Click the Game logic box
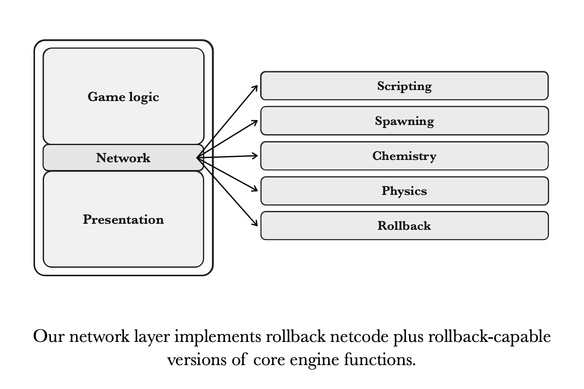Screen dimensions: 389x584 click(123, 96)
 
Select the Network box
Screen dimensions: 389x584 click(123, 158)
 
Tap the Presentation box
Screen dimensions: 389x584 click(123, 220)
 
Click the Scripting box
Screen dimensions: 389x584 click(404, 86)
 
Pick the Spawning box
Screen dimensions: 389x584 click(404, 121)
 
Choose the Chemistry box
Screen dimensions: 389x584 click(404, 156)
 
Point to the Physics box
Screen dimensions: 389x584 click(404, 191)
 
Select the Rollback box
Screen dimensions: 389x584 click(404, 226)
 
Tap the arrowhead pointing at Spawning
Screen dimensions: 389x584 click(255, 122)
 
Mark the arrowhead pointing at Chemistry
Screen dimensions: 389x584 click(255, 155)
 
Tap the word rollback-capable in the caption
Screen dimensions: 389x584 click(489, 337)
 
